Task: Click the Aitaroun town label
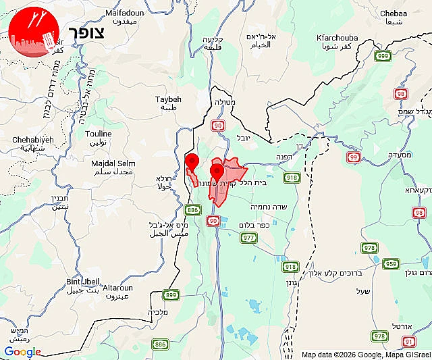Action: point(119,288)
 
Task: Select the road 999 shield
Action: point(383,56)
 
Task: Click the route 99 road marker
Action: point(353,157)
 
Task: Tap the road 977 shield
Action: point(249,237)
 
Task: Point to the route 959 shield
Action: point(391,264)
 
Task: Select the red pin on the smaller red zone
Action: point(192,161)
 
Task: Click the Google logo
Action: point(22,351)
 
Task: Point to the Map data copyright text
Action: point(364,355)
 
